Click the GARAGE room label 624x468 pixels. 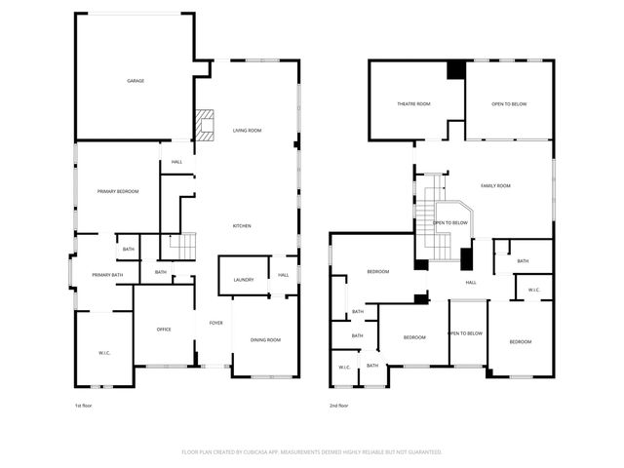coord(136,81)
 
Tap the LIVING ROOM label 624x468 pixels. coord(247,130)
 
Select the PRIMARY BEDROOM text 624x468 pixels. coord(118,191)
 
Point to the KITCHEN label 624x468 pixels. coord(242,226)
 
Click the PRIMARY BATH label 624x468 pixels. coord(107,275)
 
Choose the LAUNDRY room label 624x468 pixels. coord(244,280)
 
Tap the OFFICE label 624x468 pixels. coord(164,330)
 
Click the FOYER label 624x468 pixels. coord(215,323)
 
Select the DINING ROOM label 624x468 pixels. coord(265,339)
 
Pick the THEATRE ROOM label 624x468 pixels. coord(413,103)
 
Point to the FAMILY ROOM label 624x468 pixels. coord(495,184)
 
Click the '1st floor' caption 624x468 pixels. coord(85,405)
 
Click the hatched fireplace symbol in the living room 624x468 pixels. coord(204,125)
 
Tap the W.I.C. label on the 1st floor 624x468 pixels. coord(104,352)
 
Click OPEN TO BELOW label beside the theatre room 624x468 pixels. coord(510,103)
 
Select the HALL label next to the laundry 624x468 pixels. coord(284,275)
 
